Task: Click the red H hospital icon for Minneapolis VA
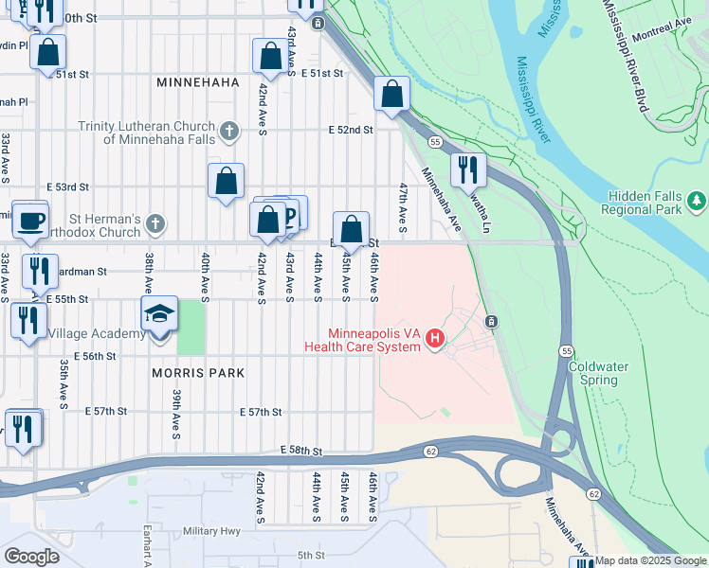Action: [x=435, y=338]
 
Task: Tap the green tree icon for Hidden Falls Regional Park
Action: [x=698, y=201]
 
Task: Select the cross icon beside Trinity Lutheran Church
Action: [x=228, y=132]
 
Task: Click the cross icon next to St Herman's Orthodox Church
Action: [x=155, y=224]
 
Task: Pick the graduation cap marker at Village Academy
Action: [x=159, y=314]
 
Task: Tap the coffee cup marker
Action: [x=29, y=220]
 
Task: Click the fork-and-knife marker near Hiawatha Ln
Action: [x=468, y=169]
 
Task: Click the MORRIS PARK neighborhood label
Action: [x=198, y=373]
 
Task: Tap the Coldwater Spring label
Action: [x=592, y=373]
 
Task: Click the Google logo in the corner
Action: [x=31, y=556]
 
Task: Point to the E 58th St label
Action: [x=301, y=453]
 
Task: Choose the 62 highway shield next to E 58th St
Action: [x=431, y=453]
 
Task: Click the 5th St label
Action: [x=311, y=555]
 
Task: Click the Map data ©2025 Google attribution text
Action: [x=651, y=560]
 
